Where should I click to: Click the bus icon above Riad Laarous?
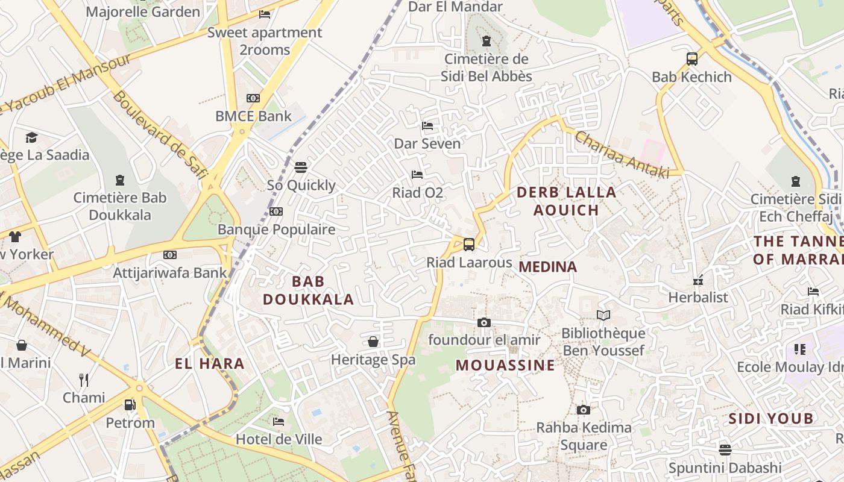click(x=468, y=244)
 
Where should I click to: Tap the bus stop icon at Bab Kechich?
click(x=691, y=59)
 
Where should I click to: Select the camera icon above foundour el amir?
click(x=483, y=322)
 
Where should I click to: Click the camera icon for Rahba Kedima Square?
click(x=583, y=410)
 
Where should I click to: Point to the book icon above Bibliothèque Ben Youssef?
click(x=603, y=315)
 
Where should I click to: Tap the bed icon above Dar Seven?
click(x=427, y=126)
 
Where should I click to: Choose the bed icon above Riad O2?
click(x=417, y=175)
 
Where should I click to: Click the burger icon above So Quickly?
click(x=300, y=167)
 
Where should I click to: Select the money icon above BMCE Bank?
click(x=253, y=98)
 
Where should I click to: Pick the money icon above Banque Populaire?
click(x=276, y=211)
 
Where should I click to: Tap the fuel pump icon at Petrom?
click(x=130, y=405)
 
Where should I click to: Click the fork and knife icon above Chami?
click(x=84, y=380)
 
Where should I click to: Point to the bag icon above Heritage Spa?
click(x=373, y=342)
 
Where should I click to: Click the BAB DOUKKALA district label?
click(x=308, y=290)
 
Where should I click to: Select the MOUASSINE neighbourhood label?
click(x=505, y=365)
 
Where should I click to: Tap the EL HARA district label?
click(x=210, y=363)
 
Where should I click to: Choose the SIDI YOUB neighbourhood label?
click(x=771, y=418)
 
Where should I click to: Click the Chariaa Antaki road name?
click(x=622, y=155)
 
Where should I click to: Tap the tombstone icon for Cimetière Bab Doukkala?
click(x=120, y=180)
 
